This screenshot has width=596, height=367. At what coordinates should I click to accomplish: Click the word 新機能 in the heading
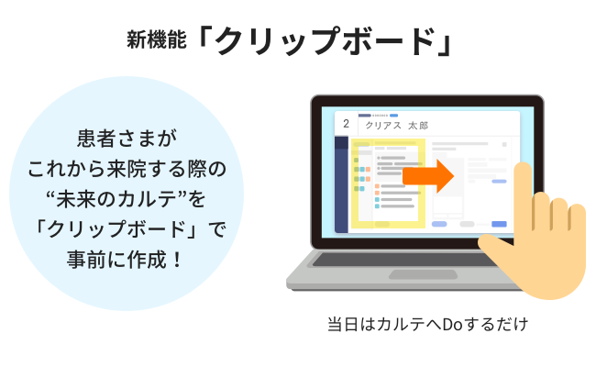click(x=157, y=39)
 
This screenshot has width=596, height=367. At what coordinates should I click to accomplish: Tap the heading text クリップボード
click(x=325, y=40)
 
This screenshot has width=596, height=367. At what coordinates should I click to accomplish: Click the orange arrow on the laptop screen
click(x=428, y=176)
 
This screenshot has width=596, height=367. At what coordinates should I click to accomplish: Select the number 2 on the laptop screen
click(x=346, y=124)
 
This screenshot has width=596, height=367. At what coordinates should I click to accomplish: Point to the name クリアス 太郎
click(x=396, y=126)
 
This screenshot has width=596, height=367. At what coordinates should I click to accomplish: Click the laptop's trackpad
click(x=423, y=274)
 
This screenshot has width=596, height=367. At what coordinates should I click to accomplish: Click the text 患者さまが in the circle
click(x=127, y=138)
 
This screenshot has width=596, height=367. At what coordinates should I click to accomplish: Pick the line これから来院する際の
click(x=127, y=169)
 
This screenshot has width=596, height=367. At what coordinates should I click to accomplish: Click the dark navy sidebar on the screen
click(x=341, y=184)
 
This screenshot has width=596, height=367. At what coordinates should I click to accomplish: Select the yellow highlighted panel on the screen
click(x=388, y=183)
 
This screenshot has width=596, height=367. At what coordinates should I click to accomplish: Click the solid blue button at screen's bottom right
click(x=499, y=224)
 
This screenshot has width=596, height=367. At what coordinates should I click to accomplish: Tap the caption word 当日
click(x=343, y=325)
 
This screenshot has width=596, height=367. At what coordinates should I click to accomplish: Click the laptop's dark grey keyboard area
click(x=403, y=260)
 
